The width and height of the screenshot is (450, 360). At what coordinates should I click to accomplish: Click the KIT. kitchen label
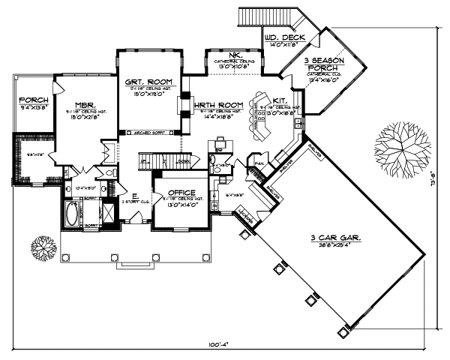tap(279, 100)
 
